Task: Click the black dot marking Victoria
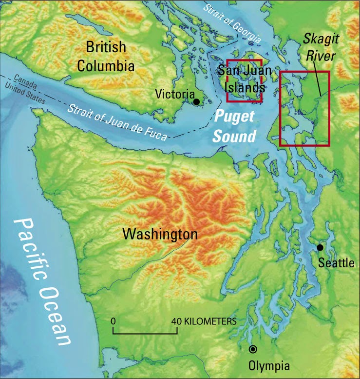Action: [196, 101]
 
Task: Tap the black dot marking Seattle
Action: [320, 248]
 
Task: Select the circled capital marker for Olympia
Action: [253, 349]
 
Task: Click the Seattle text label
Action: [336, 263]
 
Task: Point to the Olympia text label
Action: [269, 365]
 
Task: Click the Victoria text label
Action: [173, 94]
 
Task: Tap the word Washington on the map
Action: [160, 234]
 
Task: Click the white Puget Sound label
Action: [236, 126]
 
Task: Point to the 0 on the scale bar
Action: [113, 321]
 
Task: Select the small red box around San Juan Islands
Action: [245, 60]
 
